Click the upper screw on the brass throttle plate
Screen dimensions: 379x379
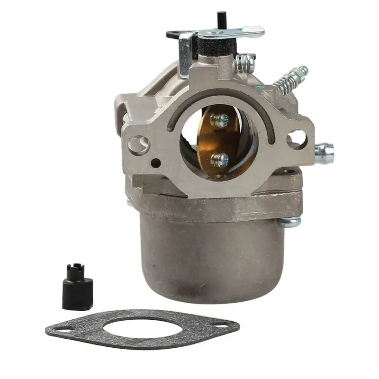tap(219, 121)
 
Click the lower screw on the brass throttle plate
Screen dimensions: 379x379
tap(219, 159)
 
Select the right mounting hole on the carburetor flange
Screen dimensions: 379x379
tap(297, 138)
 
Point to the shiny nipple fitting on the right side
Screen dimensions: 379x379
tap(325, 153)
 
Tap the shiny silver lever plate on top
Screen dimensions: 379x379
tap(232, 33)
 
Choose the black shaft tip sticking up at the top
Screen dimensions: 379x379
tap(220, 19)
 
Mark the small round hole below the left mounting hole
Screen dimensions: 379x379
tap(155, 164)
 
